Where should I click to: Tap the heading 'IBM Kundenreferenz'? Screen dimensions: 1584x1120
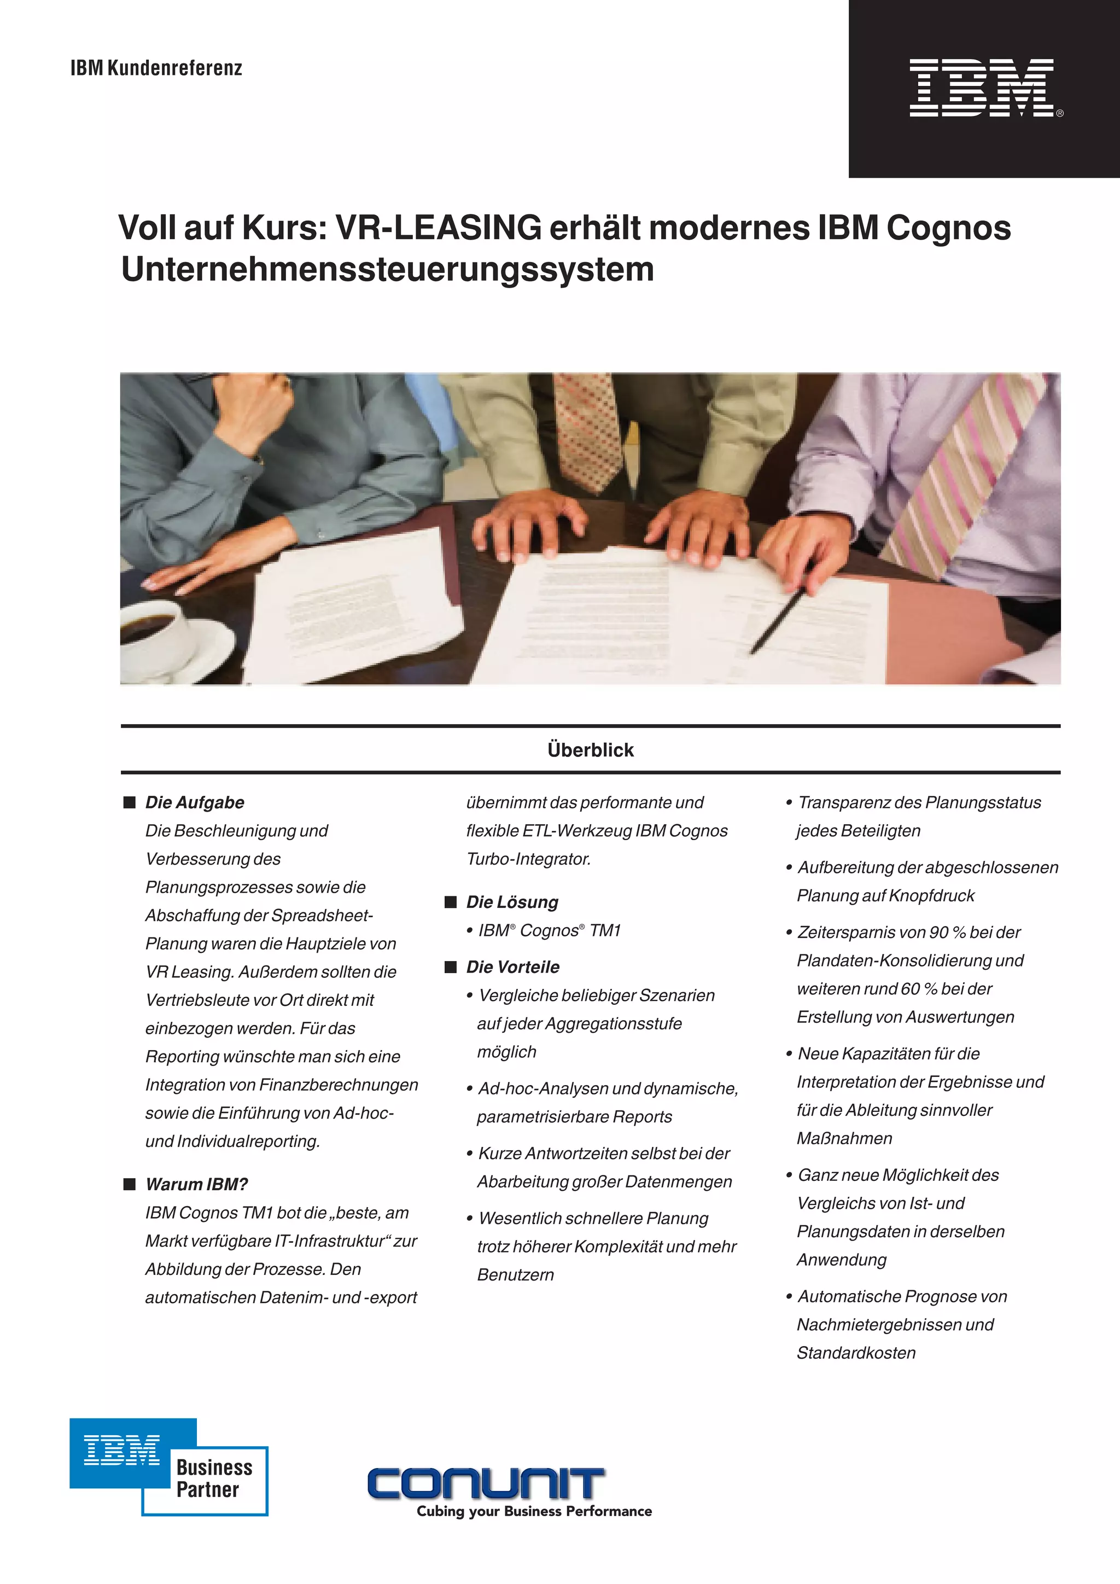pos(156,68)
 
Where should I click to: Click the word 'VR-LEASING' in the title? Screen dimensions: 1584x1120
pos(437,228)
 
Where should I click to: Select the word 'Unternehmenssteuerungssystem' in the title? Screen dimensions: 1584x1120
pos(387,269)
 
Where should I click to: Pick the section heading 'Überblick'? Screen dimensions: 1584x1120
pos(590,750)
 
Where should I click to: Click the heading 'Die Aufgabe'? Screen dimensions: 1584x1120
pos(195,802)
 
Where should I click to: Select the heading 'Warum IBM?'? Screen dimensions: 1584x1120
pos(196,1185)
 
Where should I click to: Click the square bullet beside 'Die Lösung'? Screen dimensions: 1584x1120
pos(451,902)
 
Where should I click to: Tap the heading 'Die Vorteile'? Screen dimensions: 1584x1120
pos(512,967)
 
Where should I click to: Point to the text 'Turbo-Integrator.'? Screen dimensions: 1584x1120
pos(528,859)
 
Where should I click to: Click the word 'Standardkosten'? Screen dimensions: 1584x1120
pos(856,1353)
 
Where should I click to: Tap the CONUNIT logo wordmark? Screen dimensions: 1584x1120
pos(486,1483)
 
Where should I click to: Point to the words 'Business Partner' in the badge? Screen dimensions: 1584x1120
pos(214,1478)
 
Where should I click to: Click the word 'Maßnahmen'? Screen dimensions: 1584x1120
pos(844,1138)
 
